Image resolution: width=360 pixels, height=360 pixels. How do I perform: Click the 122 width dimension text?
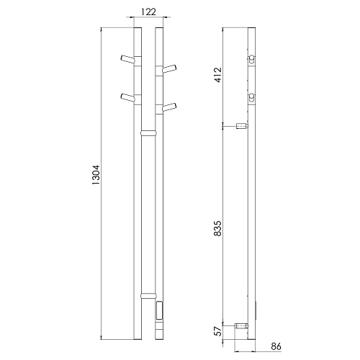(148, 12)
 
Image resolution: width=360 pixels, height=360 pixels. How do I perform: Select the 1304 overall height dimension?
(96, 175)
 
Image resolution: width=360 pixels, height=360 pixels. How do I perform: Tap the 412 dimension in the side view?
(218, 75)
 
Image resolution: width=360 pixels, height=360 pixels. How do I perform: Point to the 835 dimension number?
(218, 228)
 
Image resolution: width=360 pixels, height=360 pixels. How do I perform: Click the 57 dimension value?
(218, 331)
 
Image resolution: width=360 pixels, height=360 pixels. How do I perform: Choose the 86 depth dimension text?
(276, 346)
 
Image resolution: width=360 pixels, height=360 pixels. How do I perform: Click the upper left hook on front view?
(127, 60)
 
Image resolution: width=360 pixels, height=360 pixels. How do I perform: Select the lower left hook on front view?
(127, 98)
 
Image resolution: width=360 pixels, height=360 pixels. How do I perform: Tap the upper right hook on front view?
(169, 68)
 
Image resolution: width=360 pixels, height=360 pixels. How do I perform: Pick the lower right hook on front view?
(169, 107)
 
